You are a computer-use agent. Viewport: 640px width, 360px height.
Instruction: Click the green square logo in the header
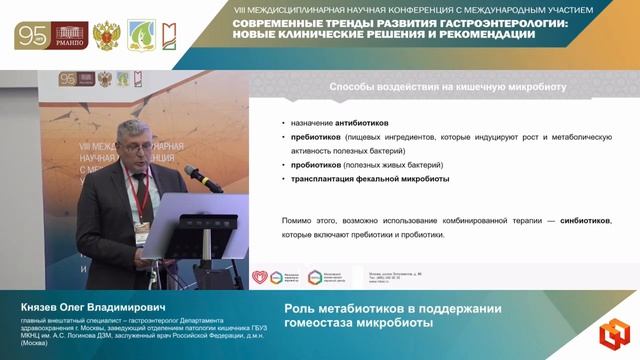[x=146, y=35]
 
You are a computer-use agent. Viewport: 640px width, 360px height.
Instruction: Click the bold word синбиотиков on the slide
[x=585, y=220]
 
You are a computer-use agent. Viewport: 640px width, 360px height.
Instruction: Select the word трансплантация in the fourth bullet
[x=324, y=178]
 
